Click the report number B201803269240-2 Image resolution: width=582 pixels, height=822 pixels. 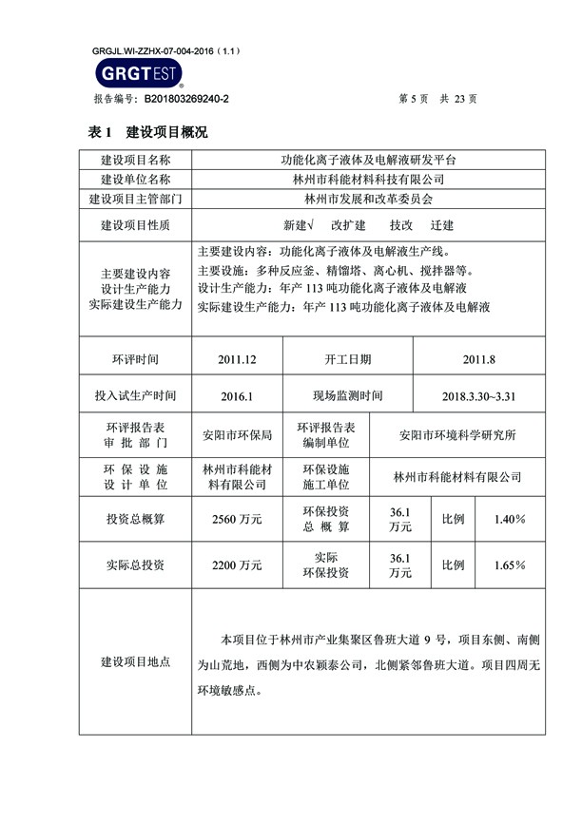[185, 98]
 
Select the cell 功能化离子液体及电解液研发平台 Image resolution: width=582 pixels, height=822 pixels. [367, 161]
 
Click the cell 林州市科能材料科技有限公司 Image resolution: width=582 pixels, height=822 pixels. [367, 180]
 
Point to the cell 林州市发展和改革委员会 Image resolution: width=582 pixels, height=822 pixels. [367, 200]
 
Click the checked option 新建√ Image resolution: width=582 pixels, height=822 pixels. [299, 226]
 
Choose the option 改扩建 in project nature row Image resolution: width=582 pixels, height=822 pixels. [348, 226]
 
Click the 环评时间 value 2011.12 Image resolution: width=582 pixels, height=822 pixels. [237, 360]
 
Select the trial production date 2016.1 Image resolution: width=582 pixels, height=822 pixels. [237, 395]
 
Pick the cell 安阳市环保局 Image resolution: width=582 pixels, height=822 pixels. [237, 435]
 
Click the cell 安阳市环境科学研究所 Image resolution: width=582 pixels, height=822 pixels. [457, 435]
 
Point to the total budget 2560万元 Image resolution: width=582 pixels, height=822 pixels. [237, 519]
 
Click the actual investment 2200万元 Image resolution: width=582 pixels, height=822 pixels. [237, 564]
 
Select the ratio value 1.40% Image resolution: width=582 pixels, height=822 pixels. [510, 519]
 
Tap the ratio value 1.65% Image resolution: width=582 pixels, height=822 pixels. [510, 564]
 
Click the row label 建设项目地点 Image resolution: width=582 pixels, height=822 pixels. [136, 661]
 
